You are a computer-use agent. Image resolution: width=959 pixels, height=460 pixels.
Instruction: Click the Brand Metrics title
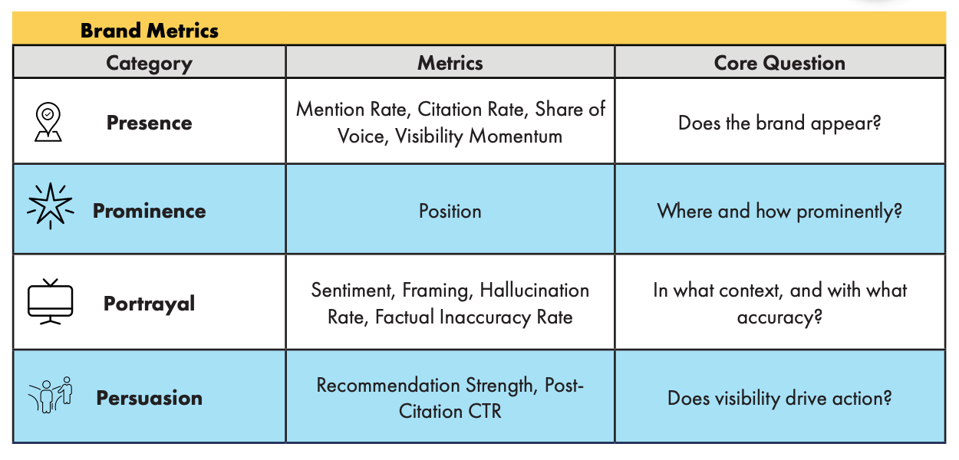click(x=150, y=31)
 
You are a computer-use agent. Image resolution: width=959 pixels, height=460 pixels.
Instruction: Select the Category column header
click(x=150, y=64)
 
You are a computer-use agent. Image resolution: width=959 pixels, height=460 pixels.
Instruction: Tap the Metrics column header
click(x=450, y=63)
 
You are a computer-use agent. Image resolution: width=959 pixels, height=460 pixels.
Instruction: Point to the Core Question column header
click(x=779, y=63)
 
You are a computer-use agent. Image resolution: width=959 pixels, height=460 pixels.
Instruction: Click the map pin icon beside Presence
click(x=48, y=122)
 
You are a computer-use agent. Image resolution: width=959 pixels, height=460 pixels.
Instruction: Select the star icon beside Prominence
click(x=50, y=205)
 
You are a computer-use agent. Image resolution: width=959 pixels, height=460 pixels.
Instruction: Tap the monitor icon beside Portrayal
click(x=50, y=301)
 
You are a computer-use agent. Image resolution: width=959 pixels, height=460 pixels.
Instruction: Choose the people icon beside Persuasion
click(x=51, y=395)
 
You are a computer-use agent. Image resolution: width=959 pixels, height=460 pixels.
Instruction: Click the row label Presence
click(x=150, y=123)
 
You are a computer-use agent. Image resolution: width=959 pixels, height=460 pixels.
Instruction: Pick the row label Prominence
click(x=150, y=211)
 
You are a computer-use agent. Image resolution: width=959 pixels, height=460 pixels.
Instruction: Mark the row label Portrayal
click(x=150, y=304)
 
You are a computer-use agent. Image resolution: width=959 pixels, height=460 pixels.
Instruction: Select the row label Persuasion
click(x=150, y=398)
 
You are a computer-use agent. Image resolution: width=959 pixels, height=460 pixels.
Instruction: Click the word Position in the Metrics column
click(x=450, y=211)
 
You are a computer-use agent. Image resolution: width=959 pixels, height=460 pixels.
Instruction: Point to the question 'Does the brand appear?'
click(x=779, y=123)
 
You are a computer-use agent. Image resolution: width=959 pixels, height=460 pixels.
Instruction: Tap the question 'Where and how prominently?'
click(x=779, y=212)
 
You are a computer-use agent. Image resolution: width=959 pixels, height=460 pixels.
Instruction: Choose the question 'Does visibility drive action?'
click(x=779, y=399)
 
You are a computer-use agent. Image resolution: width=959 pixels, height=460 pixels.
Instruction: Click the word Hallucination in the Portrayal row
click(x=534, y=290)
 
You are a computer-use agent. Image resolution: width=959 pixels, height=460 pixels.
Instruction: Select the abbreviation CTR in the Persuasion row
click(x=485, y=412)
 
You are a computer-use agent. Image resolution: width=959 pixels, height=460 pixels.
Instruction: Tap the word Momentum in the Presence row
click(x=516, y=136)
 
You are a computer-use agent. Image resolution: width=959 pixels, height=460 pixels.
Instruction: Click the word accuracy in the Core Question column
click(x=779, y=318)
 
